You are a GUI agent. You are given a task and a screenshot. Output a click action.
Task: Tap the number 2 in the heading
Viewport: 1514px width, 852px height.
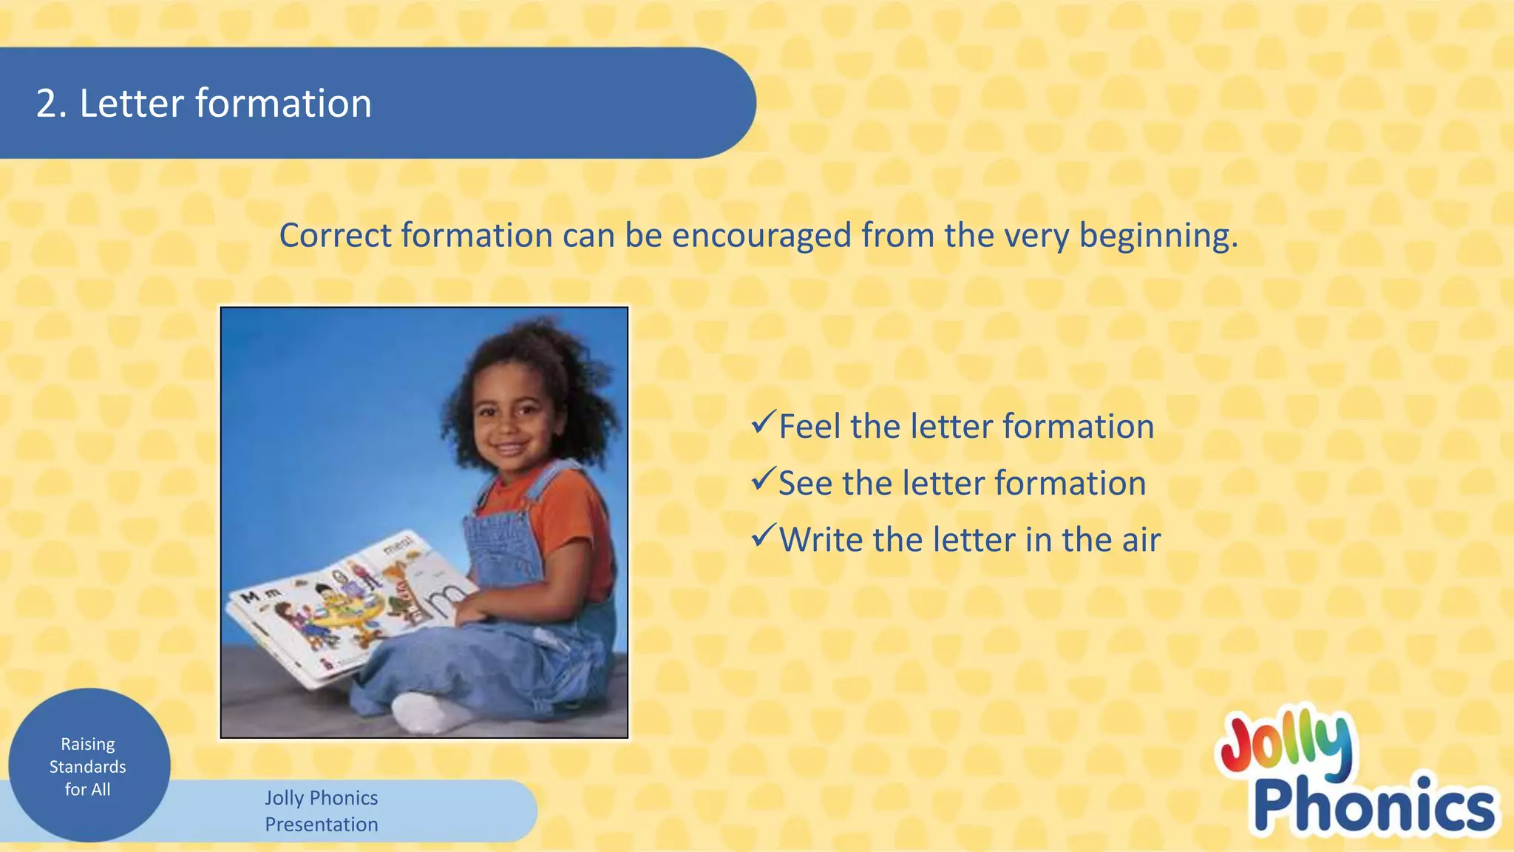pyautogui.click(x=47, y=104)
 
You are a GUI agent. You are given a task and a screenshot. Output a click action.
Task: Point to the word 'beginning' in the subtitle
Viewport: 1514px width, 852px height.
pyautogui.click(x=1156, y=237)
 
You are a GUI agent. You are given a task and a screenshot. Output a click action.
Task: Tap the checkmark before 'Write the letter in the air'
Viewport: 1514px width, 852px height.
pyautogui.click(x=763, y=536)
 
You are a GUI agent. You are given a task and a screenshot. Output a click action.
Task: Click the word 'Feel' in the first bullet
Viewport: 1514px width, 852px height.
pyautogui.click(x=810, y=427)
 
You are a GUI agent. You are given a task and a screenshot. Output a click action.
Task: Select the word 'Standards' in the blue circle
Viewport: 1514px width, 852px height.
pyautogui.click(x=88, y=767)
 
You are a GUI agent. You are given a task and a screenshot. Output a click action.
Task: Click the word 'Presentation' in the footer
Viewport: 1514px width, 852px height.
pyautogui.click(x=322, y=825)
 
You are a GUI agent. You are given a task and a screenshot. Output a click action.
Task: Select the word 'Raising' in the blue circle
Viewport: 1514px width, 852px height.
pyautogui.click(x=88, y=744)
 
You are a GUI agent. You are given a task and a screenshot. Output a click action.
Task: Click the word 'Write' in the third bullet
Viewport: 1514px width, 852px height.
pyautogui.click(x=821, y=541)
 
